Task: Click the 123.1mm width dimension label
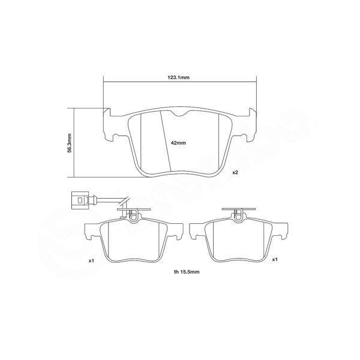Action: (x=179, y=77)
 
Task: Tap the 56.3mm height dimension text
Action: (x=70, y=143)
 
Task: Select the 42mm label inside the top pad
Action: (x=179, y=143)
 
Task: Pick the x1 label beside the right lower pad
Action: (x=274, y=260)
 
